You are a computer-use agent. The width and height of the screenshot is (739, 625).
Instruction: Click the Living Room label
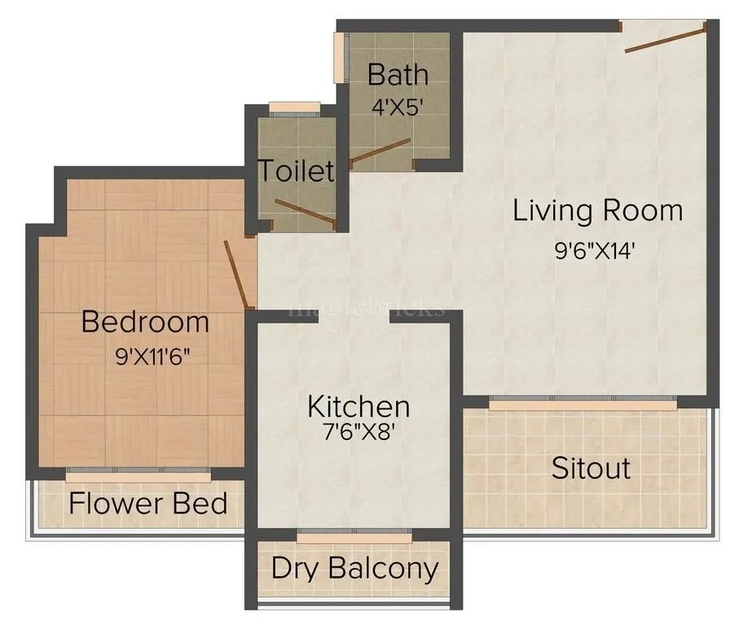click(597, 210)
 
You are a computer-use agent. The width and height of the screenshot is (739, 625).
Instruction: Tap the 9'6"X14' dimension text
click(594, 250)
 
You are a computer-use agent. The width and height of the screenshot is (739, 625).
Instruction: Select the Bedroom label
click(145, 322)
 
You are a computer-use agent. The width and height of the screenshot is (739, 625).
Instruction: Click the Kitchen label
click(358, 405)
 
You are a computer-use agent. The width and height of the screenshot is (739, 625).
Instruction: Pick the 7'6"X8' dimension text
click(358, 432)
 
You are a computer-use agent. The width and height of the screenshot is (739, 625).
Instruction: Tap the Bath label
click(398, 74)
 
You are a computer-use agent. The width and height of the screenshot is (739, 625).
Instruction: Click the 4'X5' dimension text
click(397, 107)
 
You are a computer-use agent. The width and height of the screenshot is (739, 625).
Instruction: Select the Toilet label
click(297, 171)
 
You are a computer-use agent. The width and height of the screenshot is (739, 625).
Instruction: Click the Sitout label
click(591, 469)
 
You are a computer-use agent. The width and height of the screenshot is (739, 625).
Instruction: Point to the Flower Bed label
click(147, 503)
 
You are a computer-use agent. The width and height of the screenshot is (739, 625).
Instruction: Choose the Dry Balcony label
click(354, 567)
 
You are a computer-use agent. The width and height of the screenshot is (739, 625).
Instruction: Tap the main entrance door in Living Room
click(665, 38)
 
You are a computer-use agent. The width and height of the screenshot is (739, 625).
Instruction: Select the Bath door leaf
click(380, 152)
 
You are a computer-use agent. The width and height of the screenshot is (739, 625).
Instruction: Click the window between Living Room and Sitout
click(583, 403)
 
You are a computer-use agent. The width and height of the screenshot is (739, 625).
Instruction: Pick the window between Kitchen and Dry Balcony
click(354, 535)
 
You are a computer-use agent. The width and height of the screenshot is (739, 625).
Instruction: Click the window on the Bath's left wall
click(338, 58)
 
